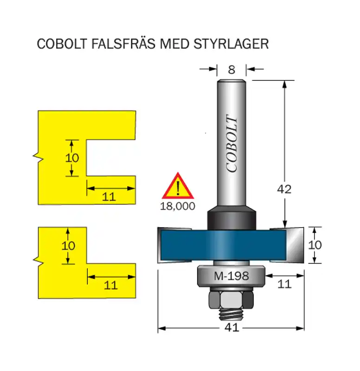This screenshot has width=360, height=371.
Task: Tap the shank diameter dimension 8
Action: point(231,70)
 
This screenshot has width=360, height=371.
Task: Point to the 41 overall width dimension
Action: point(231,327)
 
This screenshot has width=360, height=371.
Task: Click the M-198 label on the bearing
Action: point(231,276)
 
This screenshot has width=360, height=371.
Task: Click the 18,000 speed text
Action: point(178,206)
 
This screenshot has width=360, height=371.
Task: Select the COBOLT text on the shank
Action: point(232,143)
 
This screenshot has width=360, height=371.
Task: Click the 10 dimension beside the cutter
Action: point(315,244)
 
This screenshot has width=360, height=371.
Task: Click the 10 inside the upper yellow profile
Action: point(72,158)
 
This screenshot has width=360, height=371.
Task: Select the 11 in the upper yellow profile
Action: point(109,197)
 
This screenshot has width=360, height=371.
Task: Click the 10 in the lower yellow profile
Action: point(68,245)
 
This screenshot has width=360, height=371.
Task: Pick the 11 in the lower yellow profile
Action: point(110,285)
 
